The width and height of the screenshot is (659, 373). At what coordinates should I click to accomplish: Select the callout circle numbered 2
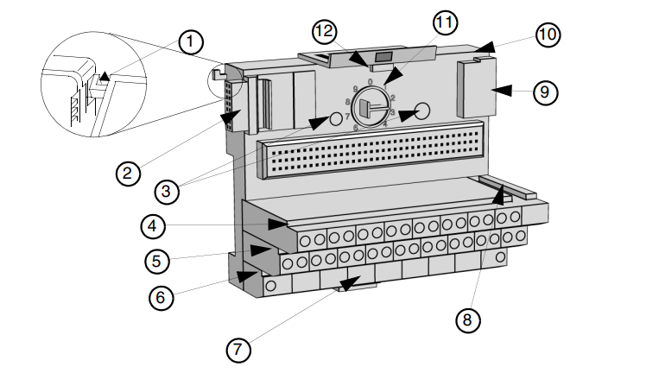coord(128,173)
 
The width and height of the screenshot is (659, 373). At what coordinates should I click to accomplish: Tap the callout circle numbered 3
coord(168,189)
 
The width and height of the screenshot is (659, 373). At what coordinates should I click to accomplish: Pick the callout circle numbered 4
coord(153,226)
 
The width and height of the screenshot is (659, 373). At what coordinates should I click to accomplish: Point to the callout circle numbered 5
coord(155,259)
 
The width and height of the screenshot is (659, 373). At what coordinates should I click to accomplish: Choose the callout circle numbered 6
coord(161,297)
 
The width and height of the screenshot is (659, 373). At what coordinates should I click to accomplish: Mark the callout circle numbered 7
coord(239,350)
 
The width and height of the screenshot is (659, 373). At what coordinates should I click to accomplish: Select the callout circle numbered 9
coord(545,92)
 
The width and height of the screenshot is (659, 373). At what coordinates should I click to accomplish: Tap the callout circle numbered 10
coord(548,35)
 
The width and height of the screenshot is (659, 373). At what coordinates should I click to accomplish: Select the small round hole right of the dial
coord(421,111)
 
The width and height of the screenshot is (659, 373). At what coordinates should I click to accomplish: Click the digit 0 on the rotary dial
coord(370,83)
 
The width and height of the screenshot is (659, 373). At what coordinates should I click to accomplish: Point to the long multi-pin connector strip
coord(371,156)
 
